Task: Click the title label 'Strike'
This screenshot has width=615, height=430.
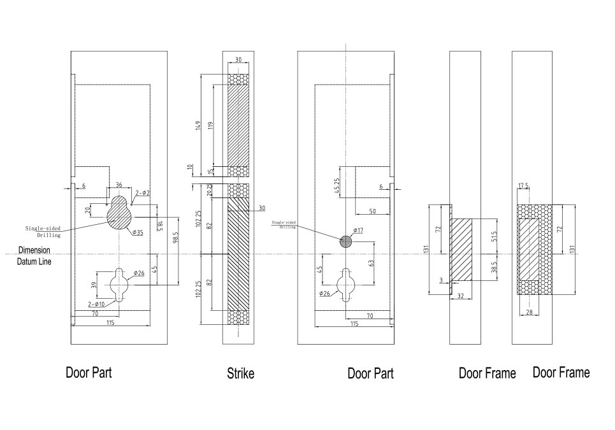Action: pyautogui.click(x=240, y=373)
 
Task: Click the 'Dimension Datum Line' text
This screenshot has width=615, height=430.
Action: pyautogui.click(x=34, y=255)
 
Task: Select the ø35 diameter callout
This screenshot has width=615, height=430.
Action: pyautogui.click(x=138, y=233)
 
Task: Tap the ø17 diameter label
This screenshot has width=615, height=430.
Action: pyautogui.click(x=358, y=230)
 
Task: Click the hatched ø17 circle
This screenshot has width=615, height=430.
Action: pyautogui.click(x=345, y=241)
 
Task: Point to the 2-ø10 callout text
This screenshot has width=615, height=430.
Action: pyautogui.click(x=96, y=305)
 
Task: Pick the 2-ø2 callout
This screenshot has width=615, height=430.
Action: pyautogui.click(x=142, y=192)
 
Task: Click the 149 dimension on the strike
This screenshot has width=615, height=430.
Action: pyautogui.click(x=199, y=126)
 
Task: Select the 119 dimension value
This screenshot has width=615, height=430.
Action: pyautogui.click(x=210, y=126)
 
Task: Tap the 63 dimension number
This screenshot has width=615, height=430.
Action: pyautogui.click(x=371, y=262)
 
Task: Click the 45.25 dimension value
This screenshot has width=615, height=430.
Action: pyautogui.click(x=337, y=185)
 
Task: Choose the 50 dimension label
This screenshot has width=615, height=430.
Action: pyautogui.click(x=372, y=211)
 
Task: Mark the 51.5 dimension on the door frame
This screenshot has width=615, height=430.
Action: pyautogui.click(x=494, y=236)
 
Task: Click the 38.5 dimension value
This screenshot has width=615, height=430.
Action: pyautogui.click(x=494, y=268)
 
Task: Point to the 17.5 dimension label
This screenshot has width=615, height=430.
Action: pyautogui.click(x=524, y=186)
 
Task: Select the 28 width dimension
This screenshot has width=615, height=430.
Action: pyautogui.click(x=529, y=312)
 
